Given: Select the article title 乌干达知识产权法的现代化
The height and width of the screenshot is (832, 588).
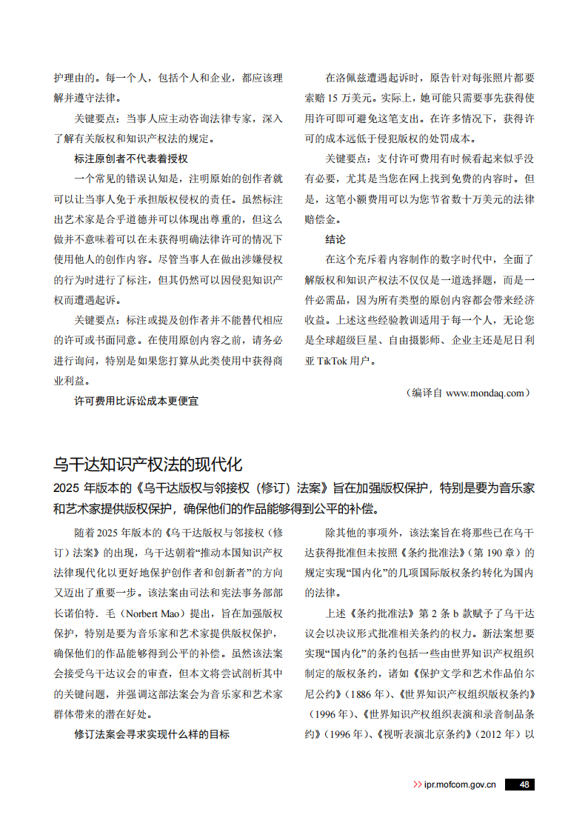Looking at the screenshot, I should coord(148,465).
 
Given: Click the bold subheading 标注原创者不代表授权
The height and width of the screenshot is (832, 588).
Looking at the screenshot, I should coord(131,159).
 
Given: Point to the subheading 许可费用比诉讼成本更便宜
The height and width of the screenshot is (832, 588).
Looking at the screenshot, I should coord(136,401).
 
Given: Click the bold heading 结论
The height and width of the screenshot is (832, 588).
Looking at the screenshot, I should coord(335,240).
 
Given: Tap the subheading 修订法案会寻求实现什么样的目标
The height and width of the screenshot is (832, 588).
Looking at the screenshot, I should coord(152,734).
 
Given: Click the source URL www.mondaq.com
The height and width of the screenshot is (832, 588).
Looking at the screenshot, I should coord(485,393).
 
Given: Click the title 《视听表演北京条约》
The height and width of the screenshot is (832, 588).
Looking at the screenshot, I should coord(427,734).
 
